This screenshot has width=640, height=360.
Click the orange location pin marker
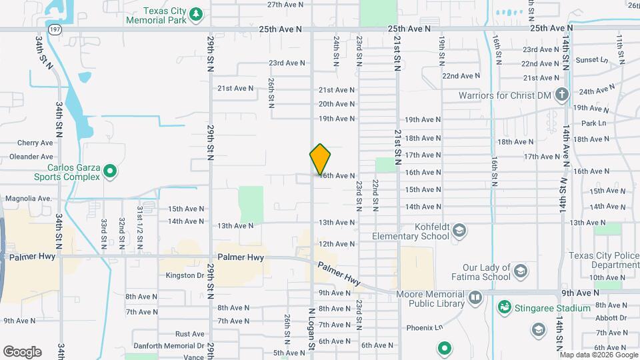[x=320, y=159]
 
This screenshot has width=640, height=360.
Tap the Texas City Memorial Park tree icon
[x=195, y=14]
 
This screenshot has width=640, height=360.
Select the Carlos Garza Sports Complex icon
[x=110, y=172]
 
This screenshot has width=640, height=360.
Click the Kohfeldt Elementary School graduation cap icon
[x=459, y=231]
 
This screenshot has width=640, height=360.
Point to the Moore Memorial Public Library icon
[x=475, y=298]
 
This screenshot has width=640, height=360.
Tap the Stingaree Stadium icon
[x=505, y=307]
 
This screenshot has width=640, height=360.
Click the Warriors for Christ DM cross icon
[x=561, y=95]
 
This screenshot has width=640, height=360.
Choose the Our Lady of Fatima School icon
[x=521, y=271]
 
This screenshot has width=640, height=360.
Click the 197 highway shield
[x=56, y=29]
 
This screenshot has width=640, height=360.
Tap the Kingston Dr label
[x=185, y=275]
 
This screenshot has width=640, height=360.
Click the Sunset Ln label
[x=593, y=60]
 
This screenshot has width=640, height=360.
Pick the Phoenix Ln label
[x=425, y=327]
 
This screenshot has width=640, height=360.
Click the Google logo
[x=22, y=351]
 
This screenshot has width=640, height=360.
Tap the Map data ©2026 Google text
[x=598, y=355]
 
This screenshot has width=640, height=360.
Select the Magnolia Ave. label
[x=28, y=199]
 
